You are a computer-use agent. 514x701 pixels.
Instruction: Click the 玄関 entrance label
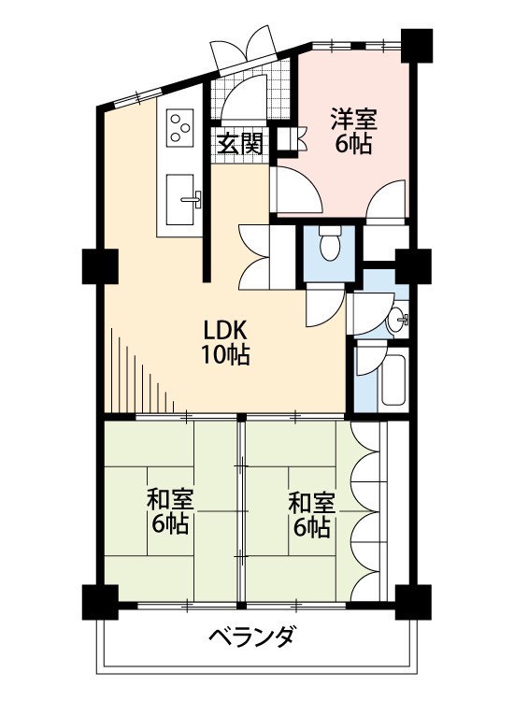point(240,144)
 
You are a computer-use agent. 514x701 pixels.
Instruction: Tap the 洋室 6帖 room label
point(353,132)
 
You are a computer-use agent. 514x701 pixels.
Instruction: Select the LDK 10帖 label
point(225,343)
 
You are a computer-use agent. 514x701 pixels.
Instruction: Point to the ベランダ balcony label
point(252,636)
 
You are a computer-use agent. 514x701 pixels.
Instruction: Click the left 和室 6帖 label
point(170,512)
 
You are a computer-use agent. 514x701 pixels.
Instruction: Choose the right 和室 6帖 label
point(311,515)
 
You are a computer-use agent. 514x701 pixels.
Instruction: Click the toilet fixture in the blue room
point(330,243)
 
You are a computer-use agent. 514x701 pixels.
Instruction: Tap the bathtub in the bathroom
point(393,380)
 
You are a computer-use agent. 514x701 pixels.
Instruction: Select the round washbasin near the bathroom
point(396,320)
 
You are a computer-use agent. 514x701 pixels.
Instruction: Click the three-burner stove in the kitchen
point(180,127)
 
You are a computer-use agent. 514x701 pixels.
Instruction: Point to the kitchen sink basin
point(180,199)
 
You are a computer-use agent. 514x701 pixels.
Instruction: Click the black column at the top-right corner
point(417,46)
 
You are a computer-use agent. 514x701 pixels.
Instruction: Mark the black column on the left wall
point(100,266)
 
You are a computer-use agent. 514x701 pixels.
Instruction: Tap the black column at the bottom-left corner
point(100,602)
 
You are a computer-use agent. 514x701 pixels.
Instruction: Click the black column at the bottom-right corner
point(413,602)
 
